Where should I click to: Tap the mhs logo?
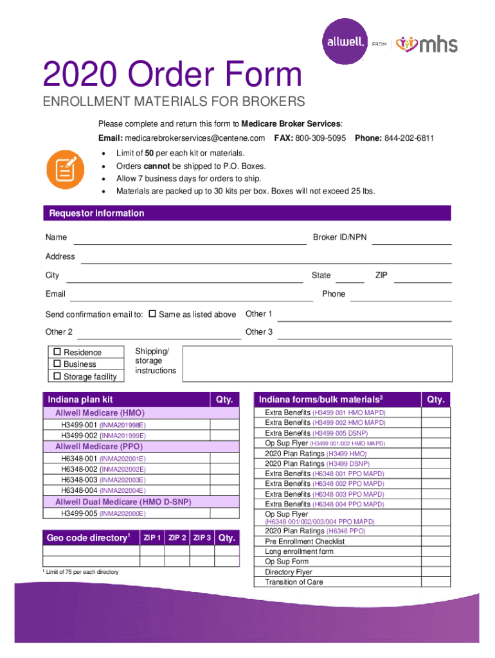(427, 44)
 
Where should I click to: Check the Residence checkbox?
(57, 352)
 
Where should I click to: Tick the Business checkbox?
(57, 364)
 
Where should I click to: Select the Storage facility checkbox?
(57, 376)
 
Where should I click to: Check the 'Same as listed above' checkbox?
(152, 314)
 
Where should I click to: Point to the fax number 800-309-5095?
(320, 138)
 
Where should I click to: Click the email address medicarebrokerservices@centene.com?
(195, 138)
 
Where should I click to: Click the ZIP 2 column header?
(177, 538)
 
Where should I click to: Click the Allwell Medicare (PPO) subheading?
(99, 446)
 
